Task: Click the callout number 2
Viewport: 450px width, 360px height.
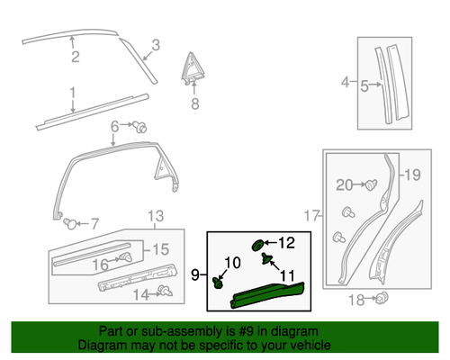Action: [76, 59]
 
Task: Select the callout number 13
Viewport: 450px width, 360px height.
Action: [157, 217]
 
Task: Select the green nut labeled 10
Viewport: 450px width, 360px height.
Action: [219, 282]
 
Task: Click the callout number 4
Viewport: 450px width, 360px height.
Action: [343, 85]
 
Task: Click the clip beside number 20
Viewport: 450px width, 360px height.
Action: [369, 184]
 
